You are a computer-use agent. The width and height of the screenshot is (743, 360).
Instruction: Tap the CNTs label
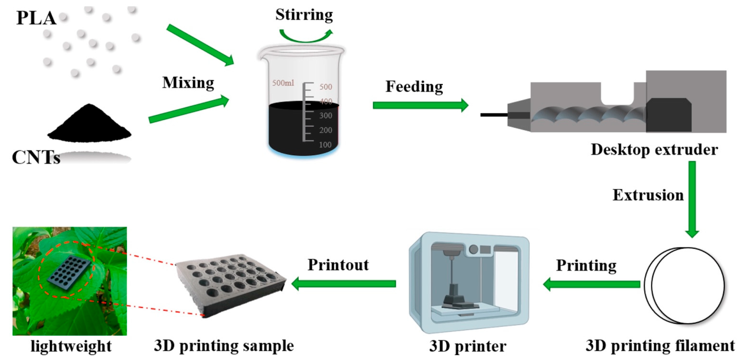click(x=36, y=157)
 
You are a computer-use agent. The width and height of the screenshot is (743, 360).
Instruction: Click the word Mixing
click(x=188, y=83)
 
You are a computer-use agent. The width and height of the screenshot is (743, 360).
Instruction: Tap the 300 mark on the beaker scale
click(x=326, y=116)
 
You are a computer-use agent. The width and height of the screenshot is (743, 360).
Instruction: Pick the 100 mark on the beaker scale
click(x=325, y=144)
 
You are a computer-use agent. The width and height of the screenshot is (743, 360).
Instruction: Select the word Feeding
click(x=414, y=87)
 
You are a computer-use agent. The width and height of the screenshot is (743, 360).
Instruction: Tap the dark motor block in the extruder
click(x=669, y=115)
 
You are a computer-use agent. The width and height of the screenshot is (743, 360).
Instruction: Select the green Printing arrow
click(x=591, y=284)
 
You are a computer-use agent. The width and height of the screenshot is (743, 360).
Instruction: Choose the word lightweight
click(x=71, y=346)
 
